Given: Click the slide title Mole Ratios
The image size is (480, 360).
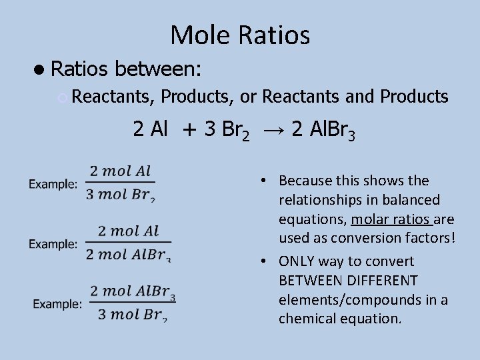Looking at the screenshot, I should [x=240, y=35].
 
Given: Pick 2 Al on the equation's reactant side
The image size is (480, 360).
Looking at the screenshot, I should [x=151, y=129].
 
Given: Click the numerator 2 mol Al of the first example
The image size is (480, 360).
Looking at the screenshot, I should [x=121, y=170].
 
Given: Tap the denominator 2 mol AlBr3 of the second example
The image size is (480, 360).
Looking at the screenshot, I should [x=129, y=253].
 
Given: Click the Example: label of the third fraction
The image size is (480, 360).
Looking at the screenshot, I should [x=57, y=304].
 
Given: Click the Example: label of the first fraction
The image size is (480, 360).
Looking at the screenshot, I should [x=53, y=183].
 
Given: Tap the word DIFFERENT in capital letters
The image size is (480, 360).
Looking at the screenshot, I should [x=381, y=280].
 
